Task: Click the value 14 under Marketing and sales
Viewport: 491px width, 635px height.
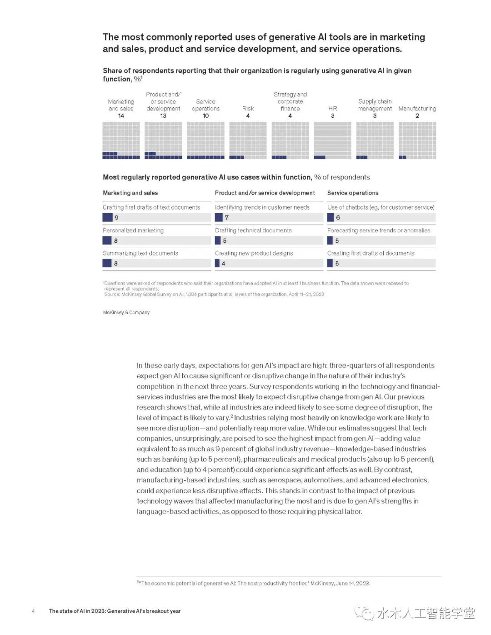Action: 121,116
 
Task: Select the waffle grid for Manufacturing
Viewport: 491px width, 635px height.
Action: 417,140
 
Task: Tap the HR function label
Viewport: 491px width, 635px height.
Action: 332,109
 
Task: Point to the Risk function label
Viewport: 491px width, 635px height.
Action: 248,109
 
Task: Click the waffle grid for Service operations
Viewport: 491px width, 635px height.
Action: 205,140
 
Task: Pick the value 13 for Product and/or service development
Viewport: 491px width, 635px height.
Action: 163,116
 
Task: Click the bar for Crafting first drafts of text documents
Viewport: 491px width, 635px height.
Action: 108,218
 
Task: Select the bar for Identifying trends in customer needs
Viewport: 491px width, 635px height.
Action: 219,218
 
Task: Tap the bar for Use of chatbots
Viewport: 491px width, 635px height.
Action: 331,218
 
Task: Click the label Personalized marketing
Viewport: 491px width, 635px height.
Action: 133,230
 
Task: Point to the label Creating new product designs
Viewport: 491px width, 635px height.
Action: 254,253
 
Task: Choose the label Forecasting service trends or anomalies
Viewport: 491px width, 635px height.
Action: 379,230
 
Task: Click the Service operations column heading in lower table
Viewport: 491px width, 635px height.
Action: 353,193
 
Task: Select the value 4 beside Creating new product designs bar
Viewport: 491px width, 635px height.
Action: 223,264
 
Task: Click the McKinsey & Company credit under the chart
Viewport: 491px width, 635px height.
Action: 126,312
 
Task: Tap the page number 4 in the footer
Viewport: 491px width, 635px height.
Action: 33,611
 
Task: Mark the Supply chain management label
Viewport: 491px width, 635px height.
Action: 375,105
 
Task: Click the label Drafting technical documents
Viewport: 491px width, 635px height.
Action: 253,230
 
